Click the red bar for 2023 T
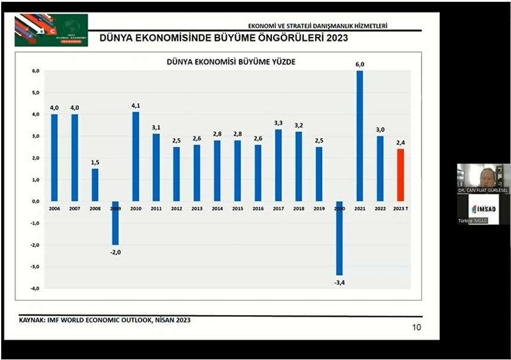(x=400, y=175)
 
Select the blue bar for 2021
(x=359, y=136)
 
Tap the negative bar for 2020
(x=339, y=238)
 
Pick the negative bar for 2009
(x=115, y=222)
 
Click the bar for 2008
(x=94, y=185)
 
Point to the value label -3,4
(x=339, y=282)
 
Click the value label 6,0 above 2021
(x=360, y=65)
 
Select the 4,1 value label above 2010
(x=136, y=106)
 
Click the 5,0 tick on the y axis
(x=35, y=93)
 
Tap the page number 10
(x=417, y=327)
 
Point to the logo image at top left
(x=51, y=30)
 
